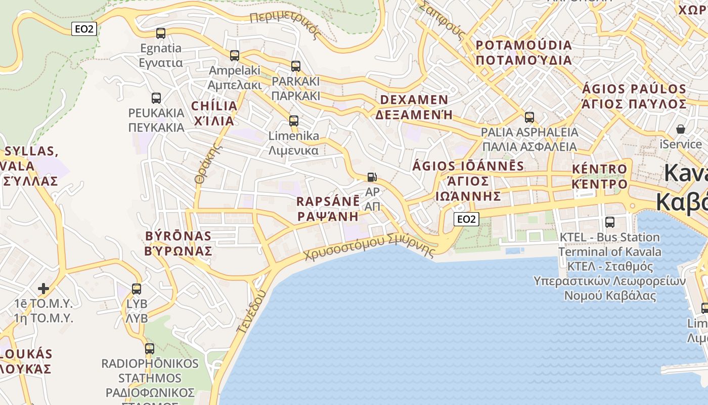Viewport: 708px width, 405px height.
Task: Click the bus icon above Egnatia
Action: pyautogui.click(x=161, y=33)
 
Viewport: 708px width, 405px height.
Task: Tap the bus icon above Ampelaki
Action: pyautogui.click(x=235, y=55)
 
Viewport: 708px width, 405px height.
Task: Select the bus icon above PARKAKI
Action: pyautogui.click(x=296, y=66)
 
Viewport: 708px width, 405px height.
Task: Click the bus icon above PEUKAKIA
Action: pyautogui.click(x=156, y=98)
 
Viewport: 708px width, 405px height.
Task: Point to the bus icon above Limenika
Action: pyautogui.click(x=294, y=120)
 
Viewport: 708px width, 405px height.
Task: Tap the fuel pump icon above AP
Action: pyautogui.click(x=372, y=177)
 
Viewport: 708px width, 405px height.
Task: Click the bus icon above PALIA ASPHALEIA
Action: pyautogui.click(x=529, y=117)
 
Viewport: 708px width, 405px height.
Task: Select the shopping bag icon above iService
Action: pyautogui.click(x=681, y=129)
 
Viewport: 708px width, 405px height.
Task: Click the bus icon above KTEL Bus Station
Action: pyautogui.click(x=610, y=222)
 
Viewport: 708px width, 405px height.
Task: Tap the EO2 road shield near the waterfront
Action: pyautogui.click(x=466, y=219)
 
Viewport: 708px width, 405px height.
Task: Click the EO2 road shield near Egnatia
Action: pyautogui.click(x=84, y=29)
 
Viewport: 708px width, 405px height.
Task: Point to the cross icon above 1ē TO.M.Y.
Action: pyautogui.click(x=43, y=289)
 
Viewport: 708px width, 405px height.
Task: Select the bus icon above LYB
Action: pyautogui.click(x=137, y=289)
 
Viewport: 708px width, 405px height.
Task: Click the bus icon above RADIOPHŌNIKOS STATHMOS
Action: pyautogui.click(x=150, y=348)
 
